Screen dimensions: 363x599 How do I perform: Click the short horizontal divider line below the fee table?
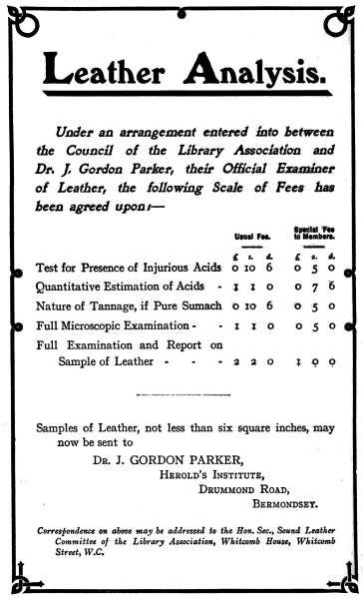coord(181,395)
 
